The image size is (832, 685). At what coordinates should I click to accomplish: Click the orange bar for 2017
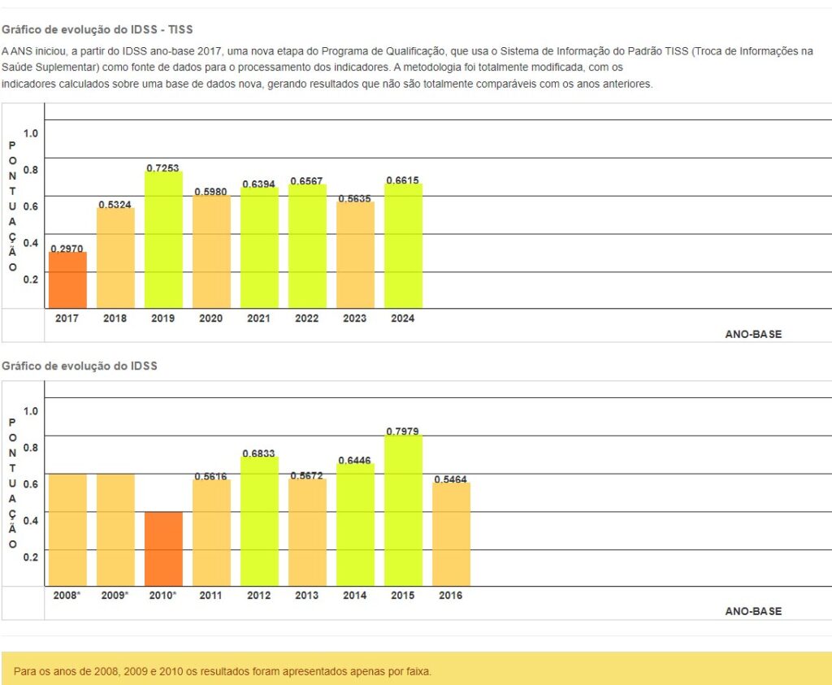67,280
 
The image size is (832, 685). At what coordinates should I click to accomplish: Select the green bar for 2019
163,240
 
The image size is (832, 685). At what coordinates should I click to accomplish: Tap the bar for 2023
355,255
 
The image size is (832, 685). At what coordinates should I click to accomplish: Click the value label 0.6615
403,180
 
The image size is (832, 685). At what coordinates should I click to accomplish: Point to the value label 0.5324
115,204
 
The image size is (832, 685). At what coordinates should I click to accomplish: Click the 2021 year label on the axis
259,319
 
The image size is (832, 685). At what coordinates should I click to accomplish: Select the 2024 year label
403,319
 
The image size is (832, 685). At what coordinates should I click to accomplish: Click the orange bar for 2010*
163,548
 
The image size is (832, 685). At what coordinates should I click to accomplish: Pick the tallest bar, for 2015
403,510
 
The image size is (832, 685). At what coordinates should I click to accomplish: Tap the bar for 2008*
67,530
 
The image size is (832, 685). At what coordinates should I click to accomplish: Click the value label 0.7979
403,431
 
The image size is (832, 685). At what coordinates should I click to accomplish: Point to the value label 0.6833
259,453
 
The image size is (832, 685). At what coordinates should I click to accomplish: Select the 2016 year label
450,596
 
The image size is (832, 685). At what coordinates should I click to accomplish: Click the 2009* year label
115,596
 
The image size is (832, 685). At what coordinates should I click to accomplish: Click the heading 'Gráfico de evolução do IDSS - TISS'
97,30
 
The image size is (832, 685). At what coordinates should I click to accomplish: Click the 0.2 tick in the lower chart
31,557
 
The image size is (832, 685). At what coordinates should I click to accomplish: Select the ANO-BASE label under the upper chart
753,334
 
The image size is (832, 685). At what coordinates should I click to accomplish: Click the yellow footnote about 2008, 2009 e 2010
223,672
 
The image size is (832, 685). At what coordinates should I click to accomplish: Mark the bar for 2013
307,532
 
